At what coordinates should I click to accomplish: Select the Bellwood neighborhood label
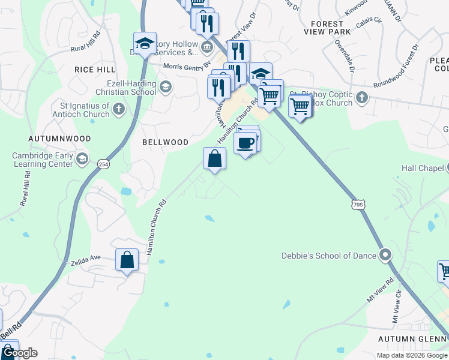tap(165, 142)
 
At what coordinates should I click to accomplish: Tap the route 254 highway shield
tap(104, 164)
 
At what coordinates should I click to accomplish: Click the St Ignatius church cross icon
tap(119, 109)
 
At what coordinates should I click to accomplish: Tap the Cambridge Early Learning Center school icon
tap(82, 159)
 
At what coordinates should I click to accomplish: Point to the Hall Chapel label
tap(422, 169)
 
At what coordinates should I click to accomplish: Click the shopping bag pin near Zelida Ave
tap(127, 260)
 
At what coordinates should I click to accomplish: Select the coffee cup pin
tap(245, 143)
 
